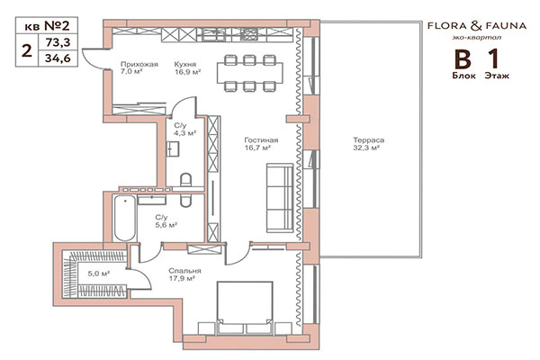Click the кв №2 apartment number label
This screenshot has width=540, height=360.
pyautogui.click(x=46, y=25)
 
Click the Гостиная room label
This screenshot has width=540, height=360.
pyautogui.click(x=260, y=146)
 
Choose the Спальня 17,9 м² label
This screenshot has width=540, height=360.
pyautogui.click(x=184, y=275)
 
